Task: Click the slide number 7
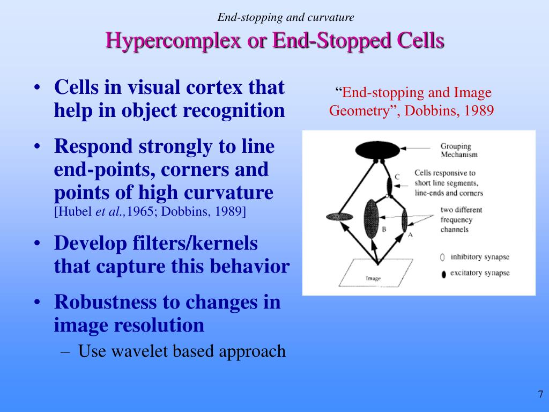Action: point(540,395)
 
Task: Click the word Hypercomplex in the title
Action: point(173,40)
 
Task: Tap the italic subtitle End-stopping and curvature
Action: point(285,17)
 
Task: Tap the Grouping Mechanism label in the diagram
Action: point(458,150)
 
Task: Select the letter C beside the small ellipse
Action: point(397,176)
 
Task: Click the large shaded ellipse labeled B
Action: point(372,218)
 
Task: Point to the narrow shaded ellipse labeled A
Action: point(404,220)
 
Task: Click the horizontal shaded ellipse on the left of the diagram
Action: point(341,217)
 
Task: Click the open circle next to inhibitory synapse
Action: point(442,257)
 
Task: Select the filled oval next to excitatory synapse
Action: point(442,274)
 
